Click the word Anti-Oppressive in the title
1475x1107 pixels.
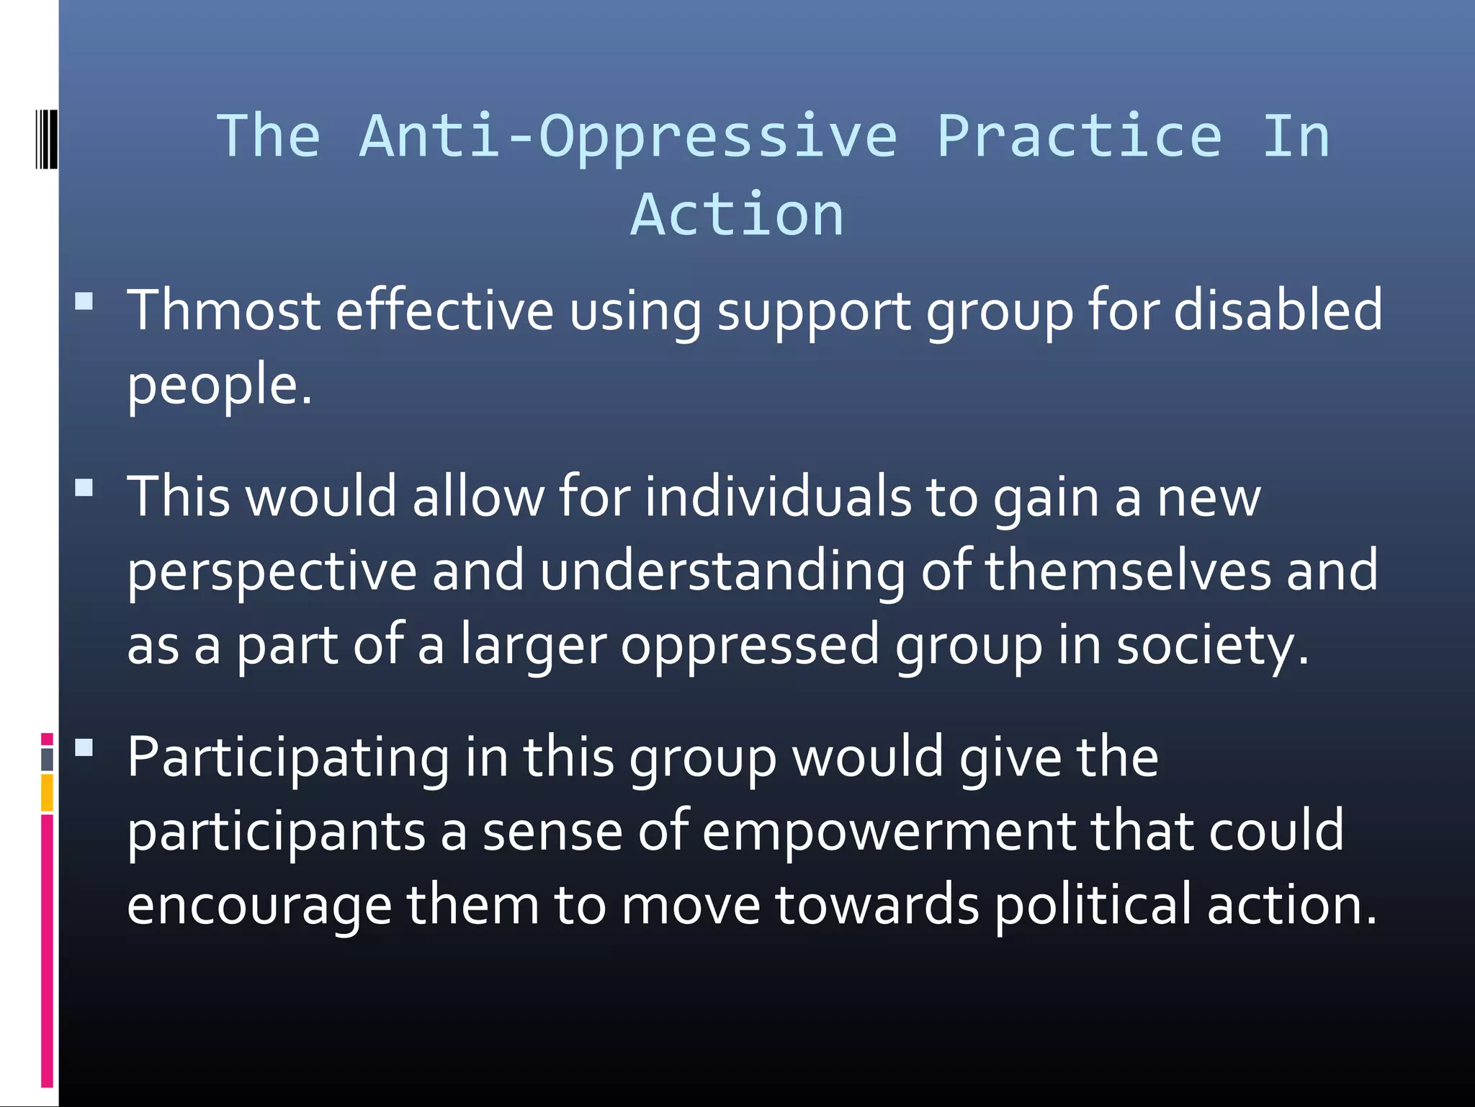pos(628,136)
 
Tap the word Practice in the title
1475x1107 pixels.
pos(1078,136)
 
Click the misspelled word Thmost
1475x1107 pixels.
pos(223,311)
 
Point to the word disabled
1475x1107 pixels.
pos(1278,311)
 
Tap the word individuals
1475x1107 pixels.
pos(778,497)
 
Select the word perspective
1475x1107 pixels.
pos(272,571)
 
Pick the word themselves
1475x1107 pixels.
pos(1128,571)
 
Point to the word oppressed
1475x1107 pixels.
pos(750,645)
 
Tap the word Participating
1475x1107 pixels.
pos(288,758)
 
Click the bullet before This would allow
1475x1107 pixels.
pos(84,488)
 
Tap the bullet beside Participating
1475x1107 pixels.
pos(84,747)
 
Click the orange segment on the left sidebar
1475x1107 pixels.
pos(47,793)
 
